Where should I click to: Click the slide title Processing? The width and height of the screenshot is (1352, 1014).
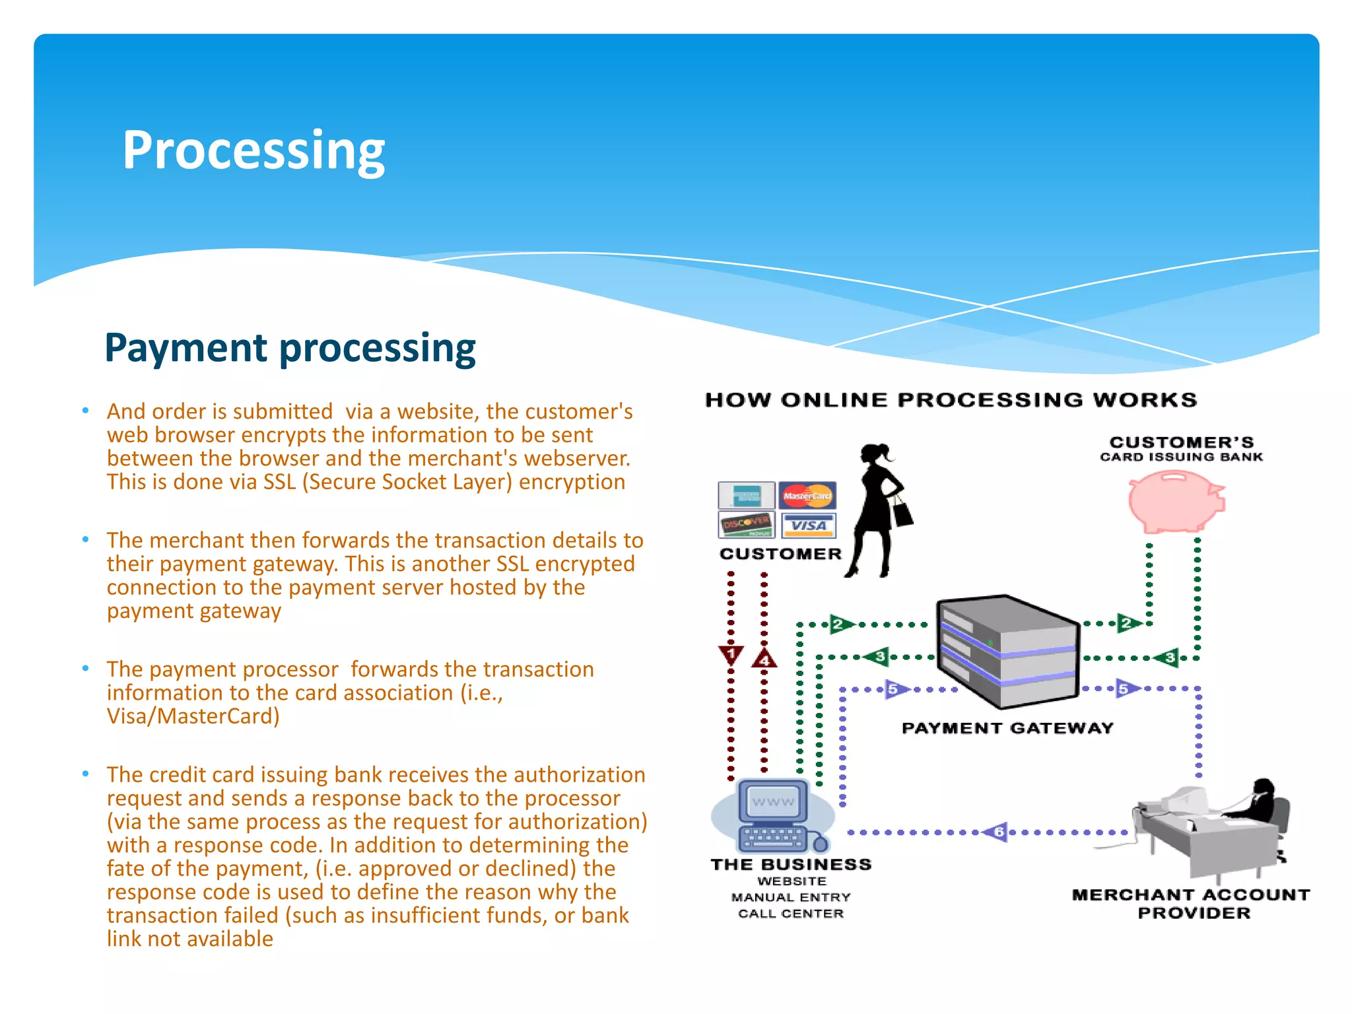click(x=253, y=151)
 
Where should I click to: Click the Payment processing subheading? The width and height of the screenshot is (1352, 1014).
click(x=290, y=348)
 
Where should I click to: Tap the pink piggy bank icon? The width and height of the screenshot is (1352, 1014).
click(x=1175, y=502)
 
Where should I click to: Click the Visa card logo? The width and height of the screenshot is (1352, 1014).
click(x=809, y=525)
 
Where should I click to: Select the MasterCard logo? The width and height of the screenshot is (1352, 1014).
click(x=807, y=495)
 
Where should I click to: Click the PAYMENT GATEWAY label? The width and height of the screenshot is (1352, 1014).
click(x=1007, y=728)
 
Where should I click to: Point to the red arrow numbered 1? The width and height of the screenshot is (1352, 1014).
click(x=731, y=656)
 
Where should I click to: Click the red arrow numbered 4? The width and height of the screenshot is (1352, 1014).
click(x=764, y=658)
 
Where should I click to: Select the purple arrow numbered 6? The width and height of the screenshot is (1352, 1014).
click(x=997, y=832)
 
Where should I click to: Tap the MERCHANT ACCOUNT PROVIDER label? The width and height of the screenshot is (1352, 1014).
click(x=1192, y=904)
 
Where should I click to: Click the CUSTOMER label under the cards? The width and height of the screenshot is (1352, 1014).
click(x=780, y=554)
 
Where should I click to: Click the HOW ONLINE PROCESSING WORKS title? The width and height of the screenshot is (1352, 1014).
click(x=951, y=400)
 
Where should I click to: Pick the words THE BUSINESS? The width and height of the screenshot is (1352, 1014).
click(x=791, y=865)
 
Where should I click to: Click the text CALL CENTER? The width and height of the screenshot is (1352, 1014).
click(x=791, y=914)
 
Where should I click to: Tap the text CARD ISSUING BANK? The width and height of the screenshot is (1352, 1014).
click(x=1181, y=457)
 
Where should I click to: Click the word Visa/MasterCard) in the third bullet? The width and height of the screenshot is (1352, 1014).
click(x=193, y=716)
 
